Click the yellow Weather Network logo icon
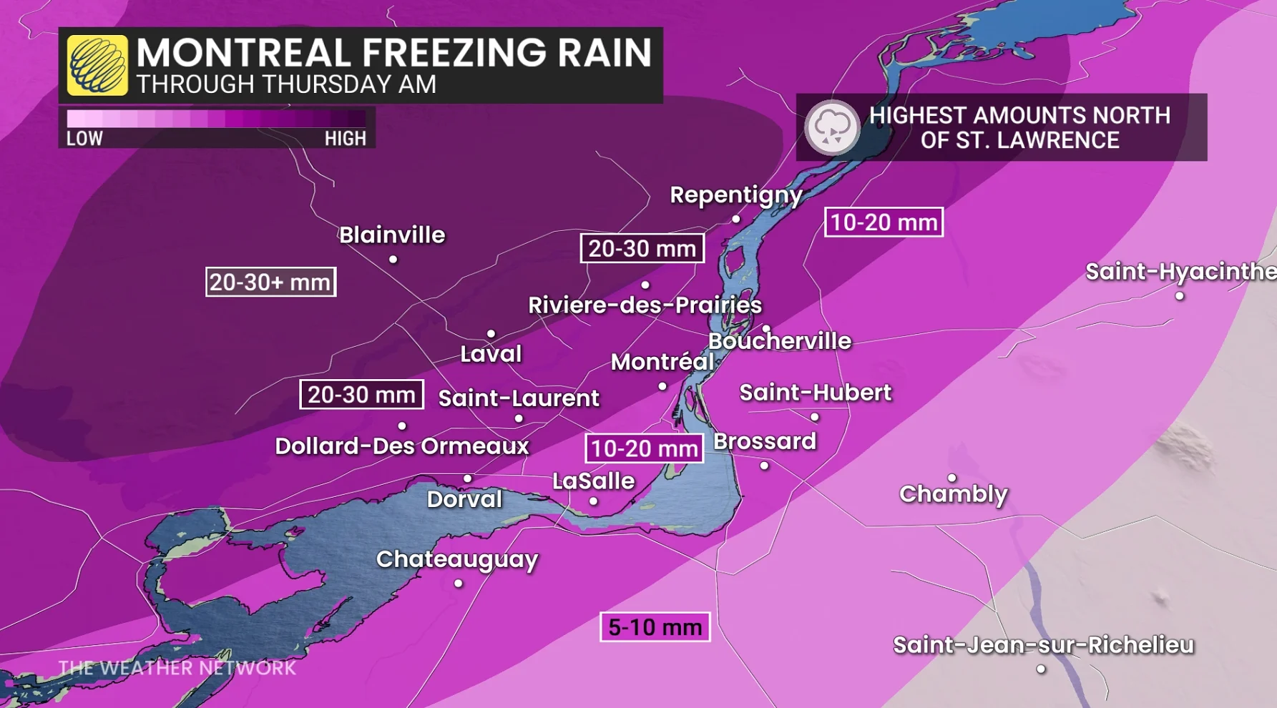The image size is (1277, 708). (97, 65)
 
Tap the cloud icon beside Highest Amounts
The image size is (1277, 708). (831, 127)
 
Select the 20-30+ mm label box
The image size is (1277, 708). (270, 282)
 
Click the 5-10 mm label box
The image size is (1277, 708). (655, 627)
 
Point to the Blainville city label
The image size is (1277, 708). (392, 235)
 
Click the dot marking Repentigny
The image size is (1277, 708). (736, 220)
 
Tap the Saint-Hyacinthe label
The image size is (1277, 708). (1180, 272)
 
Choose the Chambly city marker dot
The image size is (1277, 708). (952, 478)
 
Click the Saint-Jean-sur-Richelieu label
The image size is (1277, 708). (1044, 645)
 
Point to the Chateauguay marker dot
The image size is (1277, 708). (459, 584)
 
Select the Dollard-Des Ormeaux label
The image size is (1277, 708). (402, 446)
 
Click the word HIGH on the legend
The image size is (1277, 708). (345, 139)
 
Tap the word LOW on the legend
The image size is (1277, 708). (84, 139)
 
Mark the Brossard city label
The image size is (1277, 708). (765, 441)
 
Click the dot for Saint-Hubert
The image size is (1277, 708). (815, 417)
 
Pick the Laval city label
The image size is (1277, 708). (491, 353)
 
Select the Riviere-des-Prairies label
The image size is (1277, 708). (645, 305)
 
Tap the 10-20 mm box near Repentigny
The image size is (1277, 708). (884, 222)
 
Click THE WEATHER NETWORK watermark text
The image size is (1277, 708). (177, 668)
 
